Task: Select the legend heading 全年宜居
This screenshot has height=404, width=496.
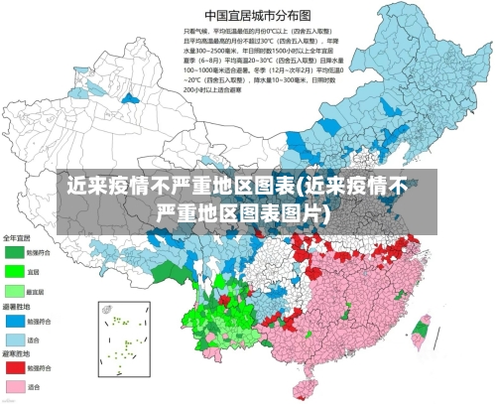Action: click(17, 237)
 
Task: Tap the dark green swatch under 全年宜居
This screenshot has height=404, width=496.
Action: click(13, 252)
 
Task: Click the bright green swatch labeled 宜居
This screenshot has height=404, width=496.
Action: click(13, 270)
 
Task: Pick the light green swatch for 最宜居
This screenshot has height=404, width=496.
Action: click(13, 289)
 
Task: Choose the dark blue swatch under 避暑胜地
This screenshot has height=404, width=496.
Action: click(13, 322)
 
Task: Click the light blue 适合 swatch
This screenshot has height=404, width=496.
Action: click(13, 338)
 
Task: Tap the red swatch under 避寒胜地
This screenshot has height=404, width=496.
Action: click(13, 368)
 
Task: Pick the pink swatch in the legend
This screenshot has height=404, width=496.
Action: click(13, 386)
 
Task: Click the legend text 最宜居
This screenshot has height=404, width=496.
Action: click(36, 289)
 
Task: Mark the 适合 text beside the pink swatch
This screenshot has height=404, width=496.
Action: click(34, 386)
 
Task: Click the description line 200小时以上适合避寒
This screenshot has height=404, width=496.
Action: click(211, 88)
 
